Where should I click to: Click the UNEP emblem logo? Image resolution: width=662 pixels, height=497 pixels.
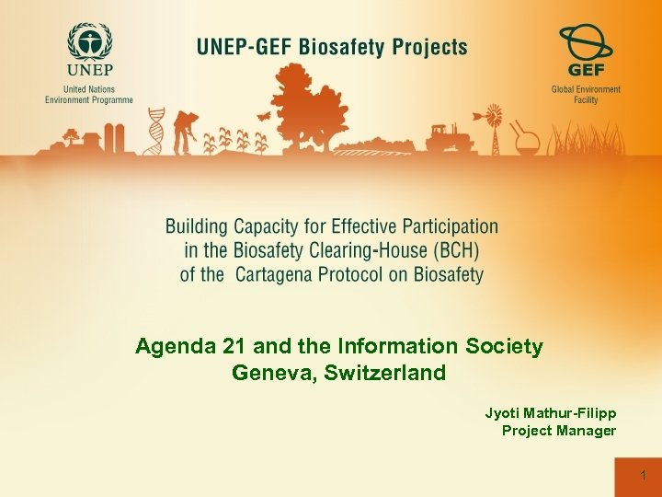coord(88,43)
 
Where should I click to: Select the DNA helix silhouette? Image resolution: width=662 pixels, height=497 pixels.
coord(156,132)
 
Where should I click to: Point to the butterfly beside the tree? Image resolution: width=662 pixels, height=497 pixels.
coord(265,117)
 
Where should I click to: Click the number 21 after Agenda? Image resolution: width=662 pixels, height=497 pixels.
coord(235,347)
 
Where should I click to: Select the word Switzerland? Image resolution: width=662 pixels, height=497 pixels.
coord(385,373)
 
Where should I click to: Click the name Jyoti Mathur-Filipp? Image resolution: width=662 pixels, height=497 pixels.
coord(550,413)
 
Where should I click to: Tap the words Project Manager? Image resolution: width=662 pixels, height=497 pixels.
coord(558,431)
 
